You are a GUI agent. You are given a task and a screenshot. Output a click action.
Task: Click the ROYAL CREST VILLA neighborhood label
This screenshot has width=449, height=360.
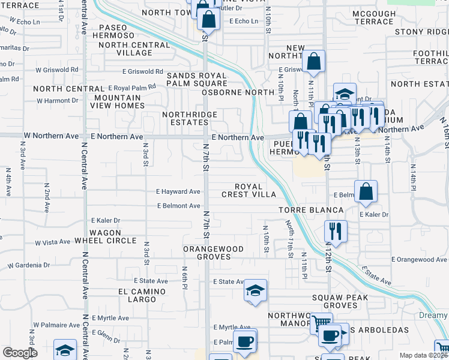(x=249, y=190)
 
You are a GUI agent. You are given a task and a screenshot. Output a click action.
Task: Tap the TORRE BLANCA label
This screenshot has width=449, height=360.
(x=311, y=210)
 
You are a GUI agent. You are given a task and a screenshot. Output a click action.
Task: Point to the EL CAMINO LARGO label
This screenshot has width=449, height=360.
(x=137, y=295)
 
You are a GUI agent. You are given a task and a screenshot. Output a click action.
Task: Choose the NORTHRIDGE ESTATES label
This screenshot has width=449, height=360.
(x=185, y=118)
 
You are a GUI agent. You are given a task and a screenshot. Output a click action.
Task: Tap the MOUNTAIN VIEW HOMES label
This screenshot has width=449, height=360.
(x=118, y=101)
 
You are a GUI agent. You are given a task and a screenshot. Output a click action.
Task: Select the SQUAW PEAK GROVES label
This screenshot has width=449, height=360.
(x=343, y=301)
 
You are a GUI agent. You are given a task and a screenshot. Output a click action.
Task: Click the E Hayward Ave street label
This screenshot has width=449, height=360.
(x=178, y=192)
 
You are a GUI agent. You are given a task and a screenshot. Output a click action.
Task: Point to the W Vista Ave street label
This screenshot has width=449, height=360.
(x=53, y=242)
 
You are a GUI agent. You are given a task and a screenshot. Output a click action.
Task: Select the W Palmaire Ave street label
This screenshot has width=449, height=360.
(x=56, y=325)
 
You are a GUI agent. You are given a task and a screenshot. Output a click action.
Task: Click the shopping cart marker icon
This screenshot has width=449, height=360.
(x=321, y=323)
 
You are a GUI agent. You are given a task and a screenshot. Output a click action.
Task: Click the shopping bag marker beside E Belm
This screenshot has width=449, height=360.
(x=366, y=191)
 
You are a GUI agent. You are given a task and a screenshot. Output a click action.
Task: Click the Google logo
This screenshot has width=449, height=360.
(x=20, y=353)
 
